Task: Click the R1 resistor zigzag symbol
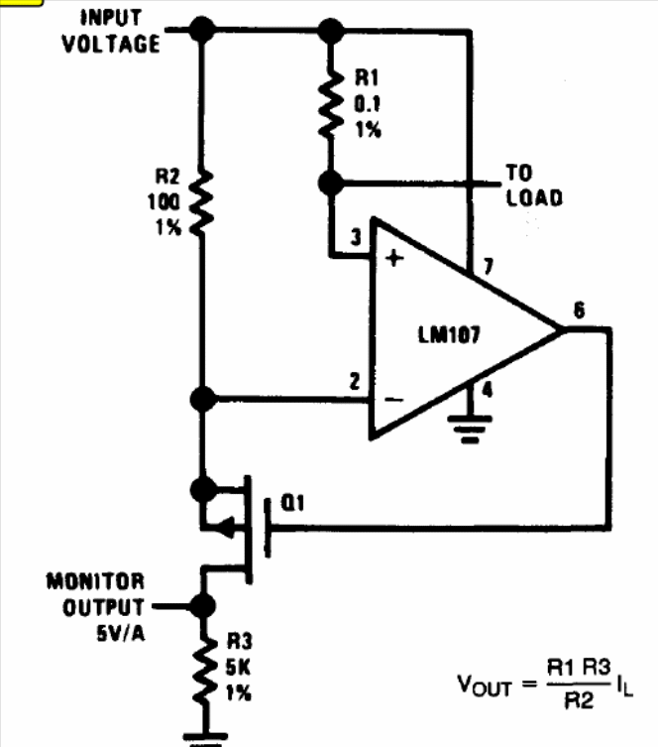coord(331,105)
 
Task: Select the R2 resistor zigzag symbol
coord(202,202)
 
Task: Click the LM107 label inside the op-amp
coord(450,334)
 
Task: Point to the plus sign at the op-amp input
coord(394,258)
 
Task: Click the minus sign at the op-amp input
coord(394,399)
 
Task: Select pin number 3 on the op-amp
coord(356,237)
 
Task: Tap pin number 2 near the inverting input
coord(355,382)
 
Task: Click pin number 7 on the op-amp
coord(489,266)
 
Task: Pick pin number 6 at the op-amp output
coord(579,311)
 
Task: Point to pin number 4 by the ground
coord(488,390)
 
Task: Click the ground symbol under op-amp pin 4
coord(470,430)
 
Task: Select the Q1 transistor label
coord(292,503)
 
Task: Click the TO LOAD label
coord(534,186)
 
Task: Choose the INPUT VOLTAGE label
coord(111,31)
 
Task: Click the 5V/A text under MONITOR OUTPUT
coord(120,633)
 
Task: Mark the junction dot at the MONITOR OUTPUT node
coord(203,606)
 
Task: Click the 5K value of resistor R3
coord(238,667)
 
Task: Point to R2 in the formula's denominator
coord(579,700)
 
